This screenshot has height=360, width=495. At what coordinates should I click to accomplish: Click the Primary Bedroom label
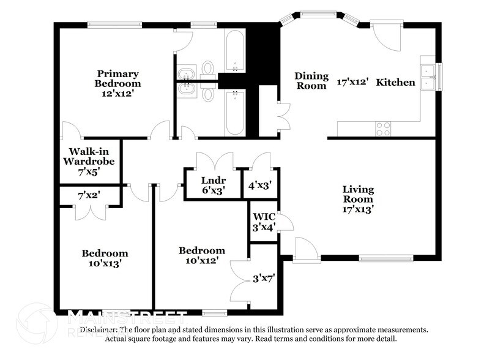(117, 78)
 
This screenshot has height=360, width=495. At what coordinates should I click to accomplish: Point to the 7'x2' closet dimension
(89, 196)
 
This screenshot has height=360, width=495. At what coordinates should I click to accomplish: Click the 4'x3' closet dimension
(259, 184)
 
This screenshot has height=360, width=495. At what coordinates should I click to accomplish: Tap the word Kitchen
(395, 82)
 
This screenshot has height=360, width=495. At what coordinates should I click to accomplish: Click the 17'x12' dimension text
(353, 81)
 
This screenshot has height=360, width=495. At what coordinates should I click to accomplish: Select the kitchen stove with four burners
(383, 128)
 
